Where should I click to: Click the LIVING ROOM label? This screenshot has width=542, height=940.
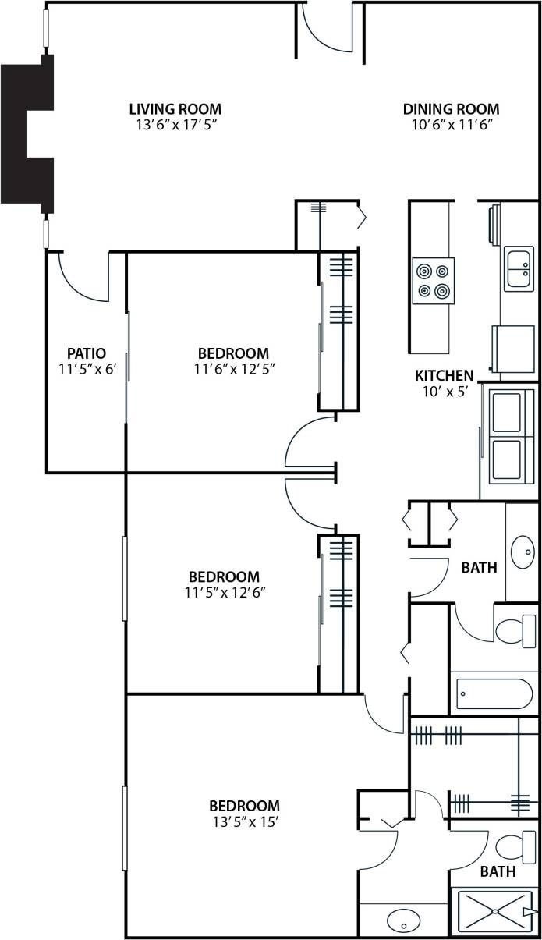pyautogui.click(x=175, y=109)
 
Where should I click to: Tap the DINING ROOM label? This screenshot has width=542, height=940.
pyautogui.click(x=451, y=109)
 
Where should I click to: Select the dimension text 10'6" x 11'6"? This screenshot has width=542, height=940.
pyautogui.click(x=451, y=125)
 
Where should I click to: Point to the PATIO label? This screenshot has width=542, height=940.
pyautogui.click(x=86, y=353)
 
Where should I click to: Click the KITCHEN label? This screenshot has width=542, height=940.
pyautogui.click(x=444, y=376)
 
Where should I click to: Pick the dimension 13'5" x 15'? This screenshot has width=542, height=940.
pyautogui.click(x=244, y=821)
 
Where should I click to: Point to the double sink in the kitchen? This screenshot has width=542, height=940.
pyautogui.click(x=519, y=269)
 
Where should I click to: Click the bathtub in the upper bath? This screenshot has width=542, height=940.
pyautogui.click(x=494, y=693)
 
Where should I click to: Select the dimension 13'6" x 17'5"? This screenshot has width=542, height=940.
pyautogui.click(x=175, y=125)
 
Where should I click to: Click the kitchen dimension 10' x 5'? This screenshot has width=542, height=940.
pyautogui.click(x=444, y=392)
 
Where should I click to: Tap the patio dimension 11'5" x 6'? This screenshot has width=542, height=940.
pyautogui.click(x=86, y=369)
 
